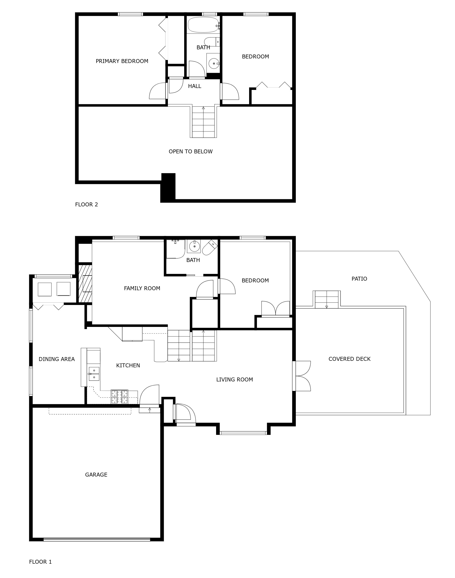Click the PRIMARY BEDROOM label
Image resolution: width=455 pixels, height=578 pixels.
click(122, 61)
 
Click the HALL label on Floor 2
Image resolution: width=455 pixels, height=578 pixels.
click(194, 86)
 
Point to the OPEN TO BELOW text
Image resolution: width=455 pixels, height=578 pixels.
click(190, 152)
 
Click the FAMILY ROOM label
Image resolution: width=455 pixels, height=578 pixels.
click(142, 288)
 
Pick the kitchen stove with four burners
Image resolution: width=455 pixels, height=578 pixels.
click(119, 397)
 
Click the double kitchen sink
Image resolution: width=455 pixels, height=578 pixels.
click(94, 374)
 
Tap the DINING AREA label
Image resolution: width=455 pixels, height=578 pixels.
click(56, 359)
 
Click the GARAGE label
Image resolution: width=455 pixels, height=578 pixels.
click(96, 475)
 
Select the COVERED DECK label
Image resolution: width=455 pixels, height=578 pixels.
click(349, 359)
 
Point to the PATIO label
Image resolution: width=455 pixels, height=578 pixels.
click(359, 279)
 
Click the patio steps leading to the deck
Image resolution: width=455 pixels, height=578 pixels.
click(327, 299)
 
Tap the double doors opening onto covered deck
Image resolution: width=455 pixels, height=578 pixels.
click(302, 376)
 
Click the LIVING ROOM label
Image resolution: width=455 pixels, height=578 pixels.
click(234, 379)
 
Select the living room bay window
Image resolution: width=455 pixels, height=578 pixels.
click(243, 433)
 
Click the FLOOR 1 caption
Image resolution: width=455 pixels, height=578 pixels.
click(40, 562)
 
